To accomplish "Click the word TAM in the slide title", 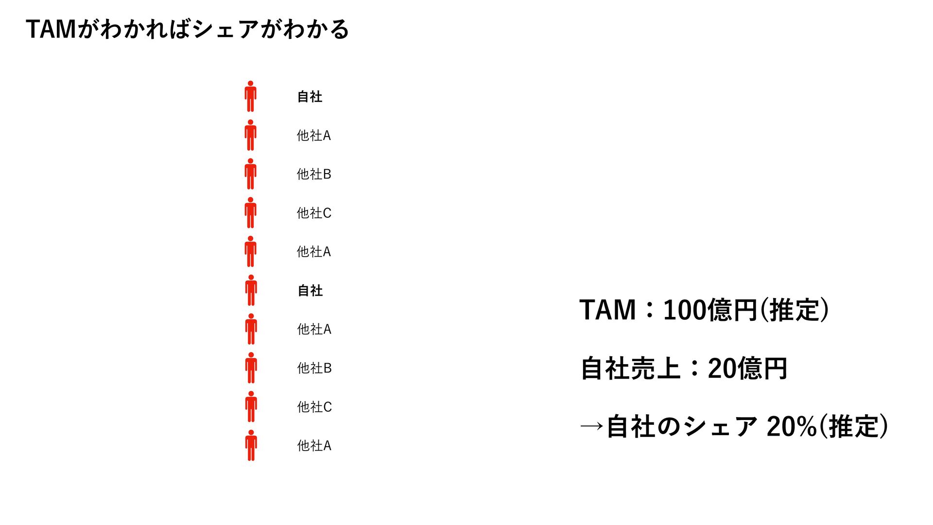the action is pos(51,29).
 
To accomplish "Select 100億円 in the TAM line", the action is pos(709,310).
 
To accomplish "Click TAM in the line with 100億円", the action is pos(607,310).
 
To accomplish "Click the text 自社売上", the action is pos(630,368).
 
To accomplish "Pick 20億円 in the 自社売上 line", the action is pos(747,368).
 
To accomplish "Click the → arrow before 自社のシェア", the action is pos(591,427).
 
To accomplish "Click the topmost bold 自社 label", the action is pos(310,97).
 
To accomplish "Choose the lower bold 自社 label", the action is pos(310,291).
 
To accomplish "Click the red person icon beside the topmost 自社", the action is pos(250,96).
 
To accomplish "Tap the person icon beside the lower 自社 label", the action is pos(251,290).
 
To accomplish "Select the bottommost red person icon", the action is pos(251,445).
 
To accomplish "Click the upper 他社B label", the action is pos(314,174).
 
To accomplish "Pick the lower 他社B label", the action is pos(314,368).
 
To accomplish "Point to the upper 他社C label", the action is pos(314,213).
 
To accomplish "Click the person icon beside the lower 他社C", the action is pos(251,406).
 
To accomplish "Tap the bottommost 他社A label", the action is pos(314,445).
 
